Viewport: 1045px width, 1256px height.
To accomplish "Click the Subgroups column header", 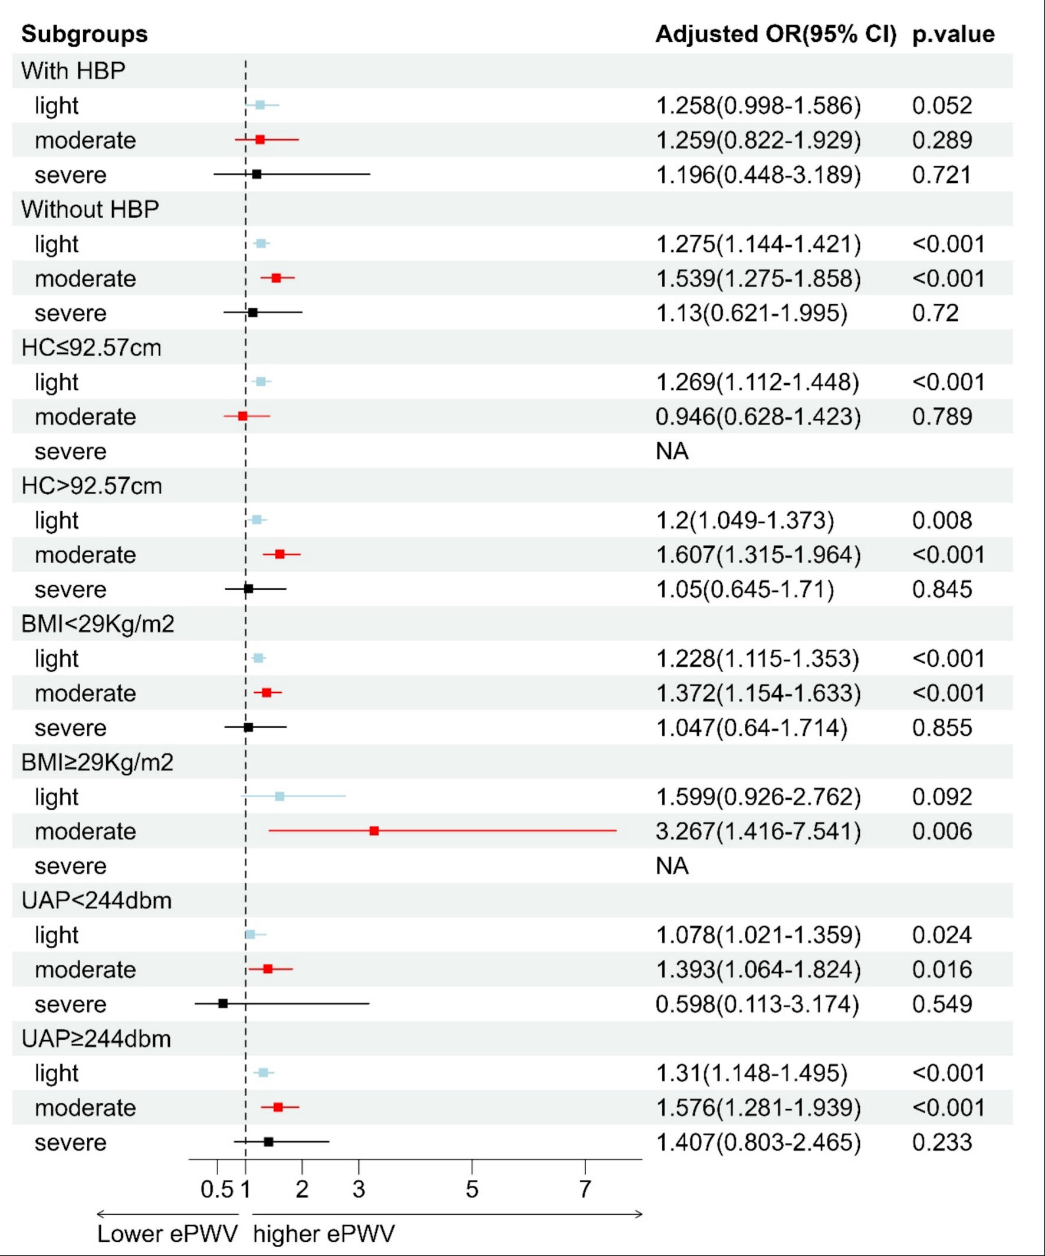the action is coord(84,34).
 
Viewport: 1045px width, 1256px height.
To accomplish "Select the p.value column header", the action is coord(953,34).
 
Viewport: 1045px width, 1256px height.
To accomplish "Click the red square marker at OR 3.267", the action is coord(374,831).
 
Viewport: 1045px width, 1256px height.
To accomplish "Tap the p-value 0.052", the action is coord(942,106).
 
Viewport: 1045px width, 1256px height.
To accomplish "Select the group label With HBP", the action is coord(74,71).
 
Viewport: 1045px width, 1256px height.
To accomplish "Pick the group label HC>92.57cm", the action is coord(91,486).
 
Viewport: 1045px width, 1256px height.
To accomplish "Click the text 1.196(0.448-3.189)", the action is coord(758,175).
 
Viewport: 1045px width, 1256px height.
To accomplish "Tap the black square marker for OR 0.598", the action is coord(223,1004).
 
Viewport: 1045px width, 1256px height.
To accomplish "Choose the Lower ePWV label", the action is coord(167,1234).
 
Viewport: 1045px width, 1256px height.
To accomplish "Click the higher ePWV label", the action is coord(324,1234).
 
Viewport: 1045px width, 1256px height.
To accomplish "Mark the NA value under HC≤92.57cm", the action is coord(672,451).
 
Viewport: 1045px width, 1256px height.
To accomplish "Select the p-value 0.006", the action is coord(942,831).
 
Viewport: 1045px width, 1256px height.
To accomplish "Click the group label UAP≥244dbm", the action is coord(96,1039).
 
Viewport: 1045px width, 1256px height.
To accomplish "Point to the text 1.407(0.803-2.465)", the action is coord(758,1142).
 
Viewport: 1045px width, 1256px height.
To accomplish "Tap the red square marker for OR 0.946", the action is coord(242,416).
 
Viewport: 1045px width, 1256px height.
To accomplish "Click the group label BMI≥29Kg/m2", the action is coord(97,762).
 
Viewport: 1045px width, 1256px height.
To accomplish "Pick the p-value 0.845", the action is coord(942,589).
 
